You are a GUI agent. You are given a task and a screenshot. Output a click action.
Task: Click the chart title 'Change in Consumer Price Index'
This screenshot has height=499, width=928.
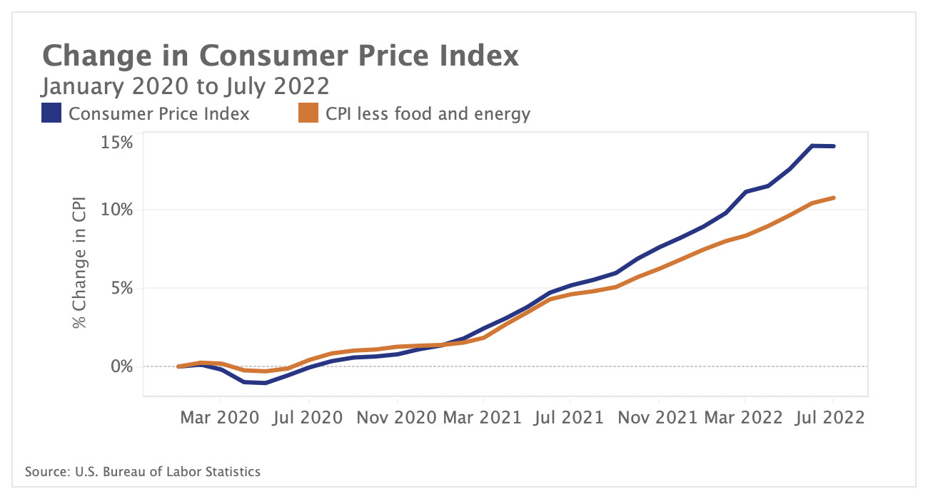tap(280, 56)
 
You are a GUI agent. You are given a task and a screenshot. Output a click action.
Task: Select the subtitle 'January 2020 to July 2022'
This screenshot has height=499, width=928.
tap(185, 86)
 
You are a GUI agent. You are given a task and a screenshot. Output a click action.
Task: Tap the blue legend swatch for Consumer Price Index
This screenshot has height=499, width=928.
tap(51, 113)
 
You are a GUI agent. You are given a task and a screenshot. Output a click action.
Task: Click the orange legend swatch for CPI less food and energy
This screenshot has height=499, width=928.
tap(308, 113)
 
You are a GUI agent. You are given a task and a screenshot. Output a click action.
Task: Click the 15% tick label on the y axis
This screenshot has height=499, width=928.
tap(117, 143)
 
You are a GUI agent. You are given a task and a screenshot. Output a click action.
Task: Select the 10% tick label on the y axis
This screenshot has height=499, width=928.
tap(117, 210)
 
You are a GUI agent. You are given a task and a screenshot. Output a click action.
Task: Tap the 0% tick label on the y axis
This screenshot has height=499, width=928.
tap(122, 366)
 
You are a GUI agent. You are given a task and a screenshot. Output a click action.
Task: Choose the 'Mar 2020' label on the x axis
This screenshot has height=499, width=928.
tap(218, 417)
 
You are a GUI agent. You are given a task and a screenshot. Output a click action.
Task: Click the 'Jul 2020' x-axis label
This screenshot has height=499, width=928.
tap(308, 417)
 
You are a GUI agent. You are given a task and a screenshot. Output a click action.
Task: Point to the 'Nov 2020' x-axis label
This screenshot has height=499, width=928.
tap(395, 417)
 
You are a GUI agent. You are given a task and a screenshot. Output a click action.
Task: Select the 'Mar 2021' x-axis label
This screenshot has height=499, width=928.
tap(483, 417)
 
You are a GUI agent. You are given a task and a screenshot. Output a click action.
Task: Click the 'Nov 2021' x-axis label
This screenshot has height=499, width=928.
tap(657, 417)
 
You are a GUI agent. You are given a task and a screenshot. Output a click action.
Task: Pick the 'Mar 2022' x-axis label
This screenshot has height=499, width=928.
tap(745, 417)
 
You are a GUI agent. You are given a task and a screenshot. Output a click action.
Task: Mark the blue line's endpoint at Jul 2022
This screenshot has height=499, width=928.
tap(834, 146)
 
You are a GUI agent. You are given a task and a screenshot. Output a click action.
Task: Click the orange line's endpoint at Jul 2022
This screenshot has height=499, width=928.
tap(834, 197)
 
